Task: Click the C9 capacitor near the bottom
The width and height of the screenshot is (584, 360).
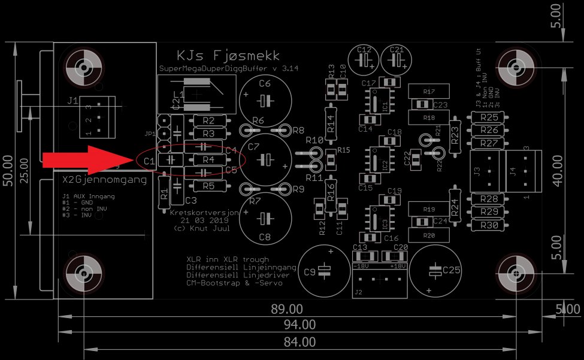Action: pos(324,271)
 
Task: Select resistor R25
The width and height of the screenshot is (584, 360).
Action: pos(489,117)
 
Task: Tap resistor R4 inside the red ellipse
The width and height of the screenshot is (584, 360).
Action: pos(208,160)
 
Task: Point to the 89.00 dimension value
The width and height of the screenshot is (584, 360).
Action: pos(287,309)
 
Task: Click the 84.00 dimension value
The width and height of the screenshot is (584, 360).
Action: pos(299,342)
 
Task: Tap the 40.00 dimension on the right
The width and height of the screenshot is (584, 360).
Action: pos(557,171)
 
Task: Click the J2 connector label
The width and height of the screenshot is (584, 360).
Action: pos(358,293)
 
